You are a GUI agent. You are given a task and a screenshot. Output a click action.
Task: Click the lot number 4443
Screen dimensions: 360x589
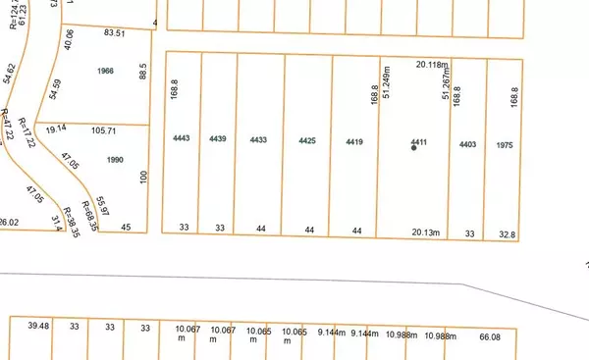[180, 138]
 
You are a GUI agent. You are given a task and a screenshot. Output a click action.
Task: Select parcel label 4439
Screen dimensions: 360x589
[218, 138]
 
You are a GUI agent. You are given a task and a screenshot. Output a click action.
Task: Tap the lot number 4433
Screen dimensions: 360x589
[259, 139]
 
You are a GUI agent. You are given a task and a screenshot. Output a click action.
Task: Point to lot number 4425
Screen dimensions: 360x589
[307, 141]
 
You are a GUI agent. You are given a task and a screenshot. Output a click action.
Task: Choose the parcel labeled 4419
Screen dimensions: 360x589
[355, 142]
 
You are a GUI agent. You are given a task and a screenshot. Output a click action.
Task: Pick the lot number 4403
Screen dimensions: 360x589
[467, 144]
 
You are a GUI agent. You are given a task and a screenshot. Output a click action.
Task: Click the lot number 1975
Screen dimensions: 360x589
[505, 144]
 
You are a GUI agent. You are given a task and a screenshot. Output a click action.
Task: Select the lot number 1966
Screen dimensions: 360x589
[106, 72]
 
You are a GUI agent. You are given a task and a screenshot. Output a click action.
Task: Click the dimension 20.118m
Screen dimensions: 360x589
[431, 66]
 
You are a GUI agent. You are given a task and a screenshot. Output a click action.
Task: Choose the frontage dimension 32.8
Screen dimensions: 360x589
[507, 234]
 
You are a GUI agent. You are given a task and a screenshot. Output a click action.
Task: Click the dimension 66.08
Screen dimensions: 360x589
[545, 336]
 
